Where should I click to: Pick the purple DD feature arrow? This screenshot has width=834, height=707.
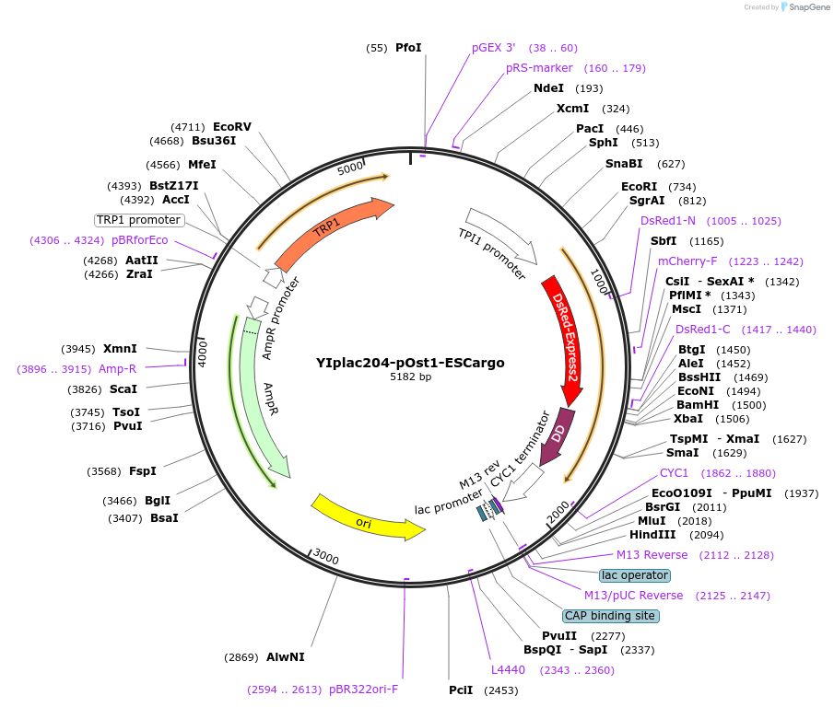pyautogui.click(x=558, y=435)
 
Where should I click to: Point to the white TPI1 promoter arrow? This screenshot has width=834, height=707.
pyautogui.click(x=501, y=234)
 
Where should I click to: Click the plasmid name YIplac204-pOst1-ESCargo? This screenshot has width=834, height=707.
pyautogui.click(x=410, y=363)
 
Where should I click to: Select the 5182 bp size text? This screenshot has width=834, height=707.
pyautogui.click(x=410, y=377)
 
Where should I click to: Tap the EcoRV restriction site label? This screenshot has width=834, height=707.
pyautogui.click(x=231, y=127)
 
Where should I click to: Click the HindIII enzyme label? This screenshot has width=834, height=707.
pyautogui.click(x=652, y=534)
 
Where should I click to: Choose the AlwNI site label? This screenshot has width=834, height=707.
pyautogui.click(x=285, y=657)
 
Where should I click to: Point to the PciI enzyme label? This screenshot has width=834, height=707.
pyautogui.click(x=461, y=690)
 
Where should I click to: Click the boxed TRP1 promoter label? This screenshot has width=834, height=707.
pyautogui.click(x=139, y=220)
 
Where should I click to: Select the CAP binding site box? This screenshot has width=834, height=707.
pyautogui.click(x=611, y=616)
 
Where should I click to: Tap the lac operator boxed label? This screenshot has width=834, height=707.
pyautogui.click(x=634, y=575)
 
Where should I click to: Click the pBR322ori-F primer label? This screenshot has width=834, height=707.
pyautogui.click(x=363, y=690)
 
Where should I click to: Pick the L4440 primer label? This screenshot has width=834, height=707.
pyautogui.click(x=508, y=670)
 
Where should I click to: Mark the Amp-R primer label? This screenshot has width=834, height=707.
pyautogui.click(x=117, y=369)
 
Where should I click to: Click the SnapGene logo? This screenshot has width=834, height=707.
pyautogui.click(x=804, y=7)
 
